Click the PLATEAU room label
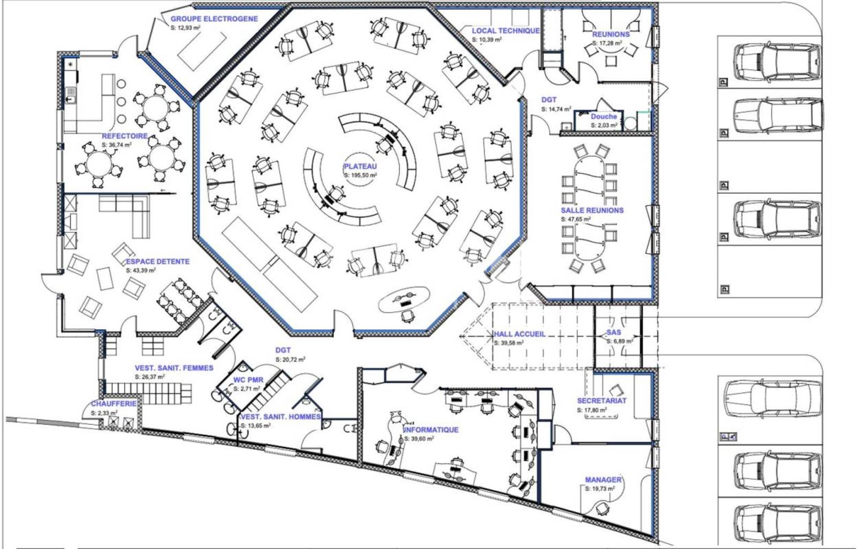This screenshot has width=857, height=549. pyautogui.click(x=360, y=166)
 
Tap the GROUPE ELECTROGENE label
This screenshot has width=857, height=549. pyautogui.click(x=214, y=19)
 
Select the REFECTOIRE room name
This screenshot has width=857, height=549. pyautogui.click(x=125, y=136)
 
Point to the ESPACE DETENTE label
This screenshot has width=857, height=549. pyautogui.click(x=158, y=261)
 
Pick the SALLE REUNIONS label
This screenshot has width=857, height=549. pyautogui.click(x=592, y=210)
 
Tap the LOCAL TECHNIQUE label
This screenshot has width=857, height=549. pyautogui.click(x=505, y=31)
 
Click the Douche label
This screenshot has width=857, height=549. pyautogui.click(x=603, y=117)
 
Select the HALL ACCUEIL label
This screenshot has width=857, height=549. pyautogui.click(x=520, y=334)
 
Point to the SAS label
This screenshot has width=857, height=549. pyautogui.click(x=614, y=333)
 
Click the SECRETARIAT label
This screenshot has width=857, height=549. pyautogui.click(x=602, y=400)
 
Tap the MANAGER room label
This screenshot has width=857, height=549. pyautogui.click(x=603, y=480)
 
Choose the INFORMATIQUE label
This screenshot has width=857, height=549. pyautogui.click(x=431, y=429)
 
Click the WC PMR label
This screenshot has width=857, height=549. pyautogui.click(x=248, y=380)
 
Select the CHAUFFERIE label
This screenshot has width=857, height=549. pyautogui.click(x=114, y=404)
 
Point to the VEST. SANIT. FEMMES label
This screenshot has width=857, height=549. pyautogui.click(x=174, y=368)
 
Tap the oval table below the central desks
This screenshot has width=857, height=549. pyautogui.click(x=404, y=300)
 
